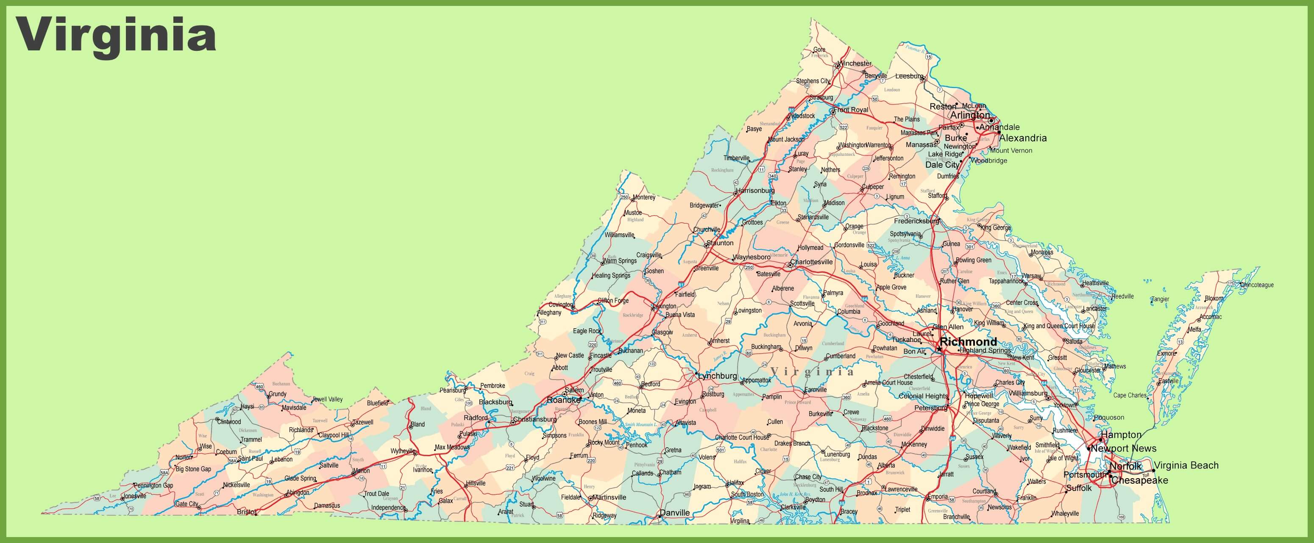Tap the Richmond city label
tap(968, 342)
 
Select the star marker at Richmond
tap(939, 350)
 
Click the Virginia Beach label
tap(1186, 465)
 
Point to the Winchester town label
tap(855, 64)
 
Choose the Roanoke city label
tap(563, 400)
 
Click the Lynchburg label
tap(718, 376)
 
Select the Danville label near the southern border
tap(675, 513)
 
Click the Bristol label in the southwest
tap(246, 511)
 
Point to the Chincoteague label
tap(1257, 285)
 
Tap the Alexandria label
tap(1023, 138)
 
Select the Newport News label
tap(1123, 449)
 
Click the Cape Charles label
tap(1130, 395)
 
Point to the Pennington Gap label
tap(153, 486)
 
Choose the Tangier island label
tap(1161, 299)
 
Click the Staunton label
tap(720, 243)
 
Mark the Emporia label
tap(938, 496)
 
